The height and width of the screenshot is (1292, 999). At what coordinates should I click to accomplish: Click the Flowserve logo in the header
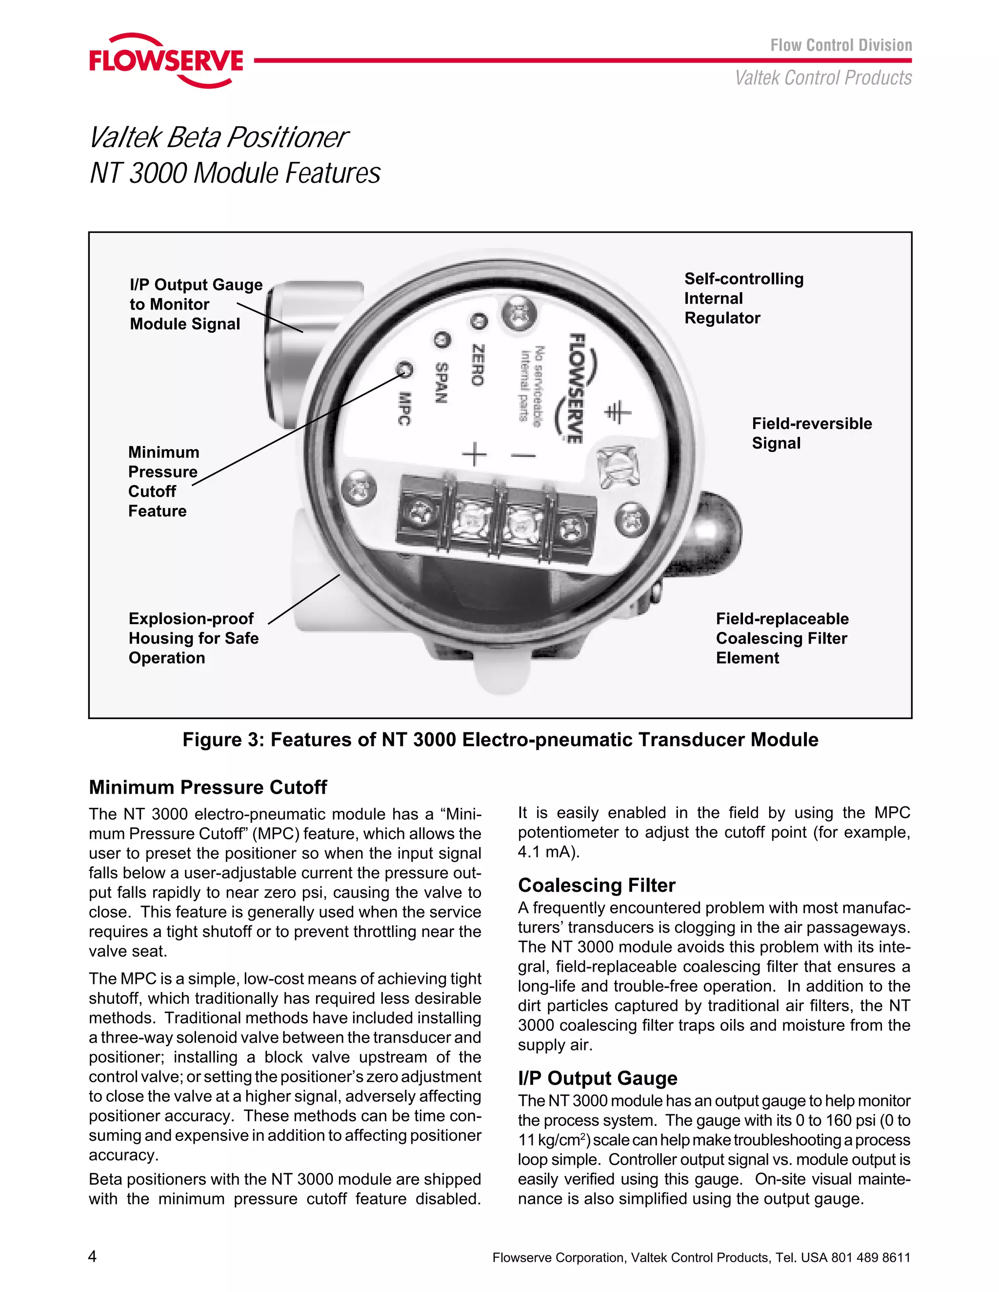(x=166, y=60)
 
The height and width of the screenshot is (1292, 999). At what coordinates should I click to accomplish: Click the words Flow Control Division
(x=840, y=45)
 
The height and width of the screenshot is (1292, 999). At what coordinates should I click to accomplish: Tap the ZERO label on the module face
(x=478, y=365)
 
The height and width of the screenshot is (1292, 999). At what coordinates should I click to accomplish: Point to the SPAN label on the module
(x=441, y=382)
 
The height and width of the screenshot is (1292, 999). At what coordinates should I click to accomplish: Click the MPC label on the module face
(x=404, y=409)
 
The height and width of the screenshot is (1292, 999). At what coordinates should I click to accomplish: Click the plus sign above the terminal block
(x=475, y=454)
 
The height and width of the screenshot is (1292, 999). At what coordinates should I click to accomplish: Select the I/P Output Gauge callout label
(x=196, y=304)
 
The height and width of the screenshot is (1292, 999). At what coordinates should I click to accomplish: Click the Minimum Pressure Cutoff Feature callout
(x=163, y=482)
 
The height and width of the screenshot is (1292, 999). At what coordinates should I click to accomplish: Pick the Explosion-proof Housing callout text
(x=194, y=638)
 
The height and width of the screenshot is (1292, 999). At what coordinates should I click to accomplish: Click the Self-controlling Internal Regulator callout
(x=743, y=298)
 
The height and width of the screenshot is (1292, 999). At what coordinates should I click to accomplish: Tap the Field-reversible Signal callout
(x=811, y=433)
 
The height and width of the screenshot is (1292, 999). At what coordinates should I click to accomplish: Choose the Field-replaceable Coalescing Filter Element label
(x=782, y=638)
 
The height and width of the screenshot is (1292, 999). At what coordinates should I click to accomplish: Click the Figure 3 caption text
(x=500, y=740)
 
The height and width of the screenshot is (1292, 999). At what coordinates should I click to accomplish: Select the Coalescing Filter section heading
(x=596, y=885)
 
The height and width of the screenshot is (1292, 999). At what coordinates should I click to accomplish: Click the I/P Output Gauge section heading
(x=597, y=1078)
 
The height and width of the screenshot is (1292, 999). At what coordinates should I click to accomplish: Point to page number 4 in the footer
(x=92, y=1256)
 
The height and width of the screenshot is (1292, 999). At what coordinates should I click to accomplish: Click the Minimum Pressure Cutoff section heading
(x=208, y=787)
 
